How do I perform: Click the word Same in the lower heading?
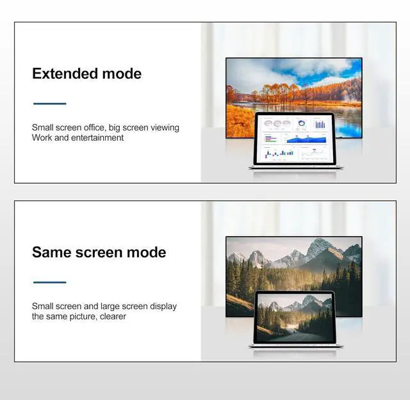(52, 252)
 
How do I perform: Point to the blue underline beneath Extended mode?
(50, 103)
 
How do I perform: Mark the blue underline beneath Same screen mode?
(50, 282)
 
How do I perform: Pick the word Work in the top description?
(42, 138)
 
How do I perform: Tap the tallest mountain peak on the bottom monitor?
(318, 243)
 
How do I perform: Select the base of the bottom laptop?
(296, 346)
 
